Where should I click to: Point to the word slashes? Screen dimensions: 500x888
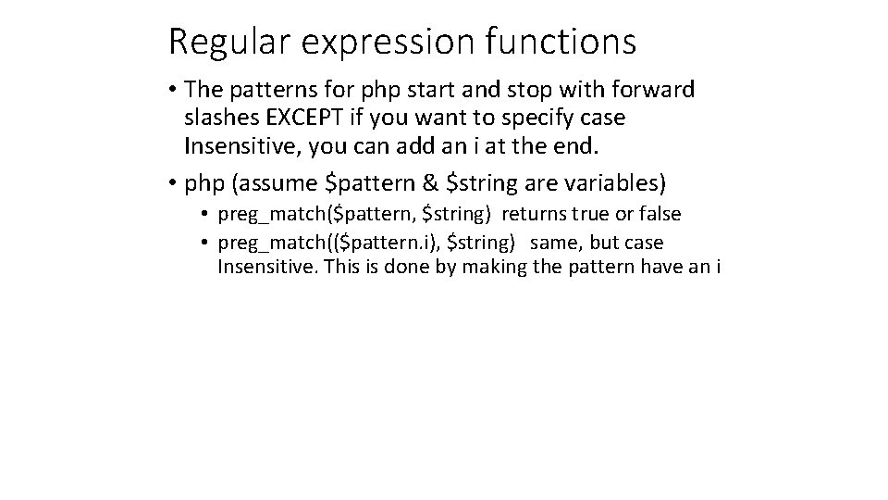click(x=223, y=118)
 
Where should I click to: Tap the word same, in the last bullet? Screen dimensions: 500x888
click(x=555, y=243)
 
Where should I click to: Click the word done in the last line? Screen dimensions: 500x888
click(x=415, y=268)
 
